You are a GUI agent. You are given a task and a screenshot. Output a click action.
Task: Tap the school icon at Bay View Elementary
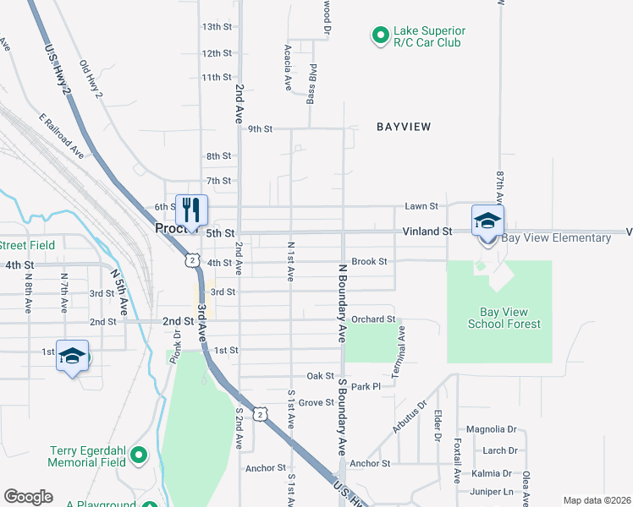coord(487,221)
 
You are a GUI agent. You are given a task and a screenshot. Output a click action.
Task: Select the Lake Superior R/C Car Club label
coord(429,36)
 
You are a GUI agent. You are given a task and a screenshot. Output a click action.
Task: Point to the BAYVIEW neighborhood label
coord(404,127)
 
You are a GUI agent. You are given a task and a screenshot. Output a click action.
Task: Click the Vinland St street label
coord(421,231)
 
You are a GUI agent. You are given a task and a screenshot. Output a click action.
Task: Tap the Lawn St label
coord(421,205)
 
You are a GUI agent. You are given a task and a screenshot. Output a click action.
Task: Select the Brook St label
coord(369,262)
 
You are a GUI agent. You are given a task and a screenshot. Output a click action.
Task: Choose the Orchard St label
coord(373,319)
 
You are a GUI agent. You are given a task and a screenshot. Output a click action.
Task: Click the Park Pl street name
coord(366,386)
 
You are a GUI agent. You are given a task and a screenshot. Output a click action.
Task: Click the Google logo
coord(28,497)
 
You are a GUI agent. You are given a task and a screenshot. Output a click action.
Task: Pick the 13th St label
coord(217,27)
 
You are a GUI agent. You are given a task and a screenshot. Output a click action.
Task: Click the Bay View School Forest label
coord(504,318)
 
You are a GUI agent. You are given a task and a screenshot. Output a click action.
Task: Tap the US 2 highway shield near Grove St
coord(262,413)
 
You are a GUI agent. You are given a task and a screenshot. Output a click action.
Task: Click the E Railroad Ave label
coord(61,136)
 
